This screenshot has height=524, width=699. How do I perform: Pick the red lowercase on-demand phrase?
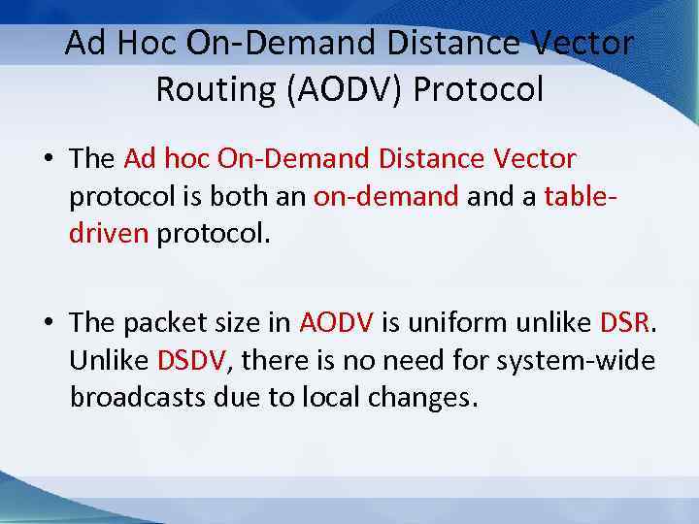click(x=386, y=197)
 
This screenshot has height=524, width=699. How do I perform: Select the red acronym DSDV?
click(x=190, y=361)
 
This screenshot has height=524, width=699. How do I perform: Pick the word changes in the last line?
click(x=418, y=399)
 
